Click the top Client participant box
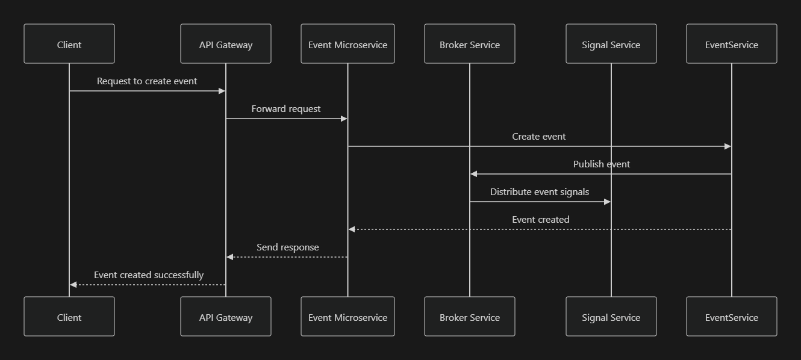click(x=69, y=44)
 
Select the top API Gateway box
click(x=226, y=44)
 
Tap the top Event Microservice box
click(x=348, y=44)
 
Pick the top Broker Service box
click(x=470, y=44)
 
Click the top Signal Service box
click(x=611, y=44)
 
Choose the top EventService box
click(x=732, y=44)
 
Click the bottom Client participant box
click(x=69, y=317)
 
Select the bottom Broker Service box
click(x=470, y=317)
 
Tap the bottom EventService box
click(x=732, y=317)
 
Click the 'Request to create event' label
click(x=147, y=81)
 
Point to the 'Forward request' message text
click(x=286, y=109)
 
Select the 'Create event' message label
click(x=539, y=137)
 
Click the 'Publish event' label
click(x=601, y=164)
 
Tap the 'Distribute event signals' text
click(x=540, y=192)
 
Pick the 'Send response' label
click(x=287, y=247)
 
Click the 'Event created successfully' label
click(x=149, y=275)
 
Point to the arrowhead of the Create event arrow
click(x=728, y=146)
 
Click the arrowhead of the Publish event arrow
click(x=474, y=174)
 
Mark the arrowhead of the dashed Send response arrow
click(x=230, y=257)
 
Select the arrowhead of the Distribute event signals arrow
click(x=606, y=202)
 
